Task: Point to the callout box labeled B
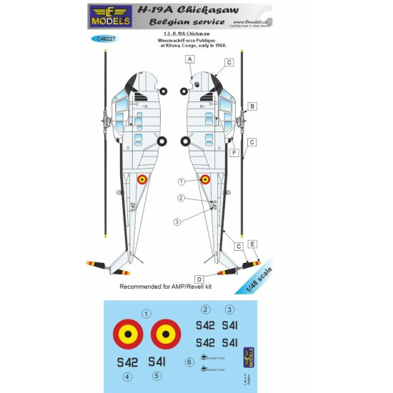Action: [252, 106]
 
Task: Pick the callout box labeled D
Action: [199, 278]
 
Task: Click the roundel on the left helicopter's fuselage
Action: [143, 181]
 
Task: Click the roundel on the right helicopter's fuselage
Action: [204, 181]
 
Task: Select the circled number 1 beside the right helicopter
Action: [181, 181]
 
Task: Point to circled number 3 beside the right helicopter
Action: [176, 221]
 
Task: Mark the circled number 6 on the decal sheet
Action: [189, 362]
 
